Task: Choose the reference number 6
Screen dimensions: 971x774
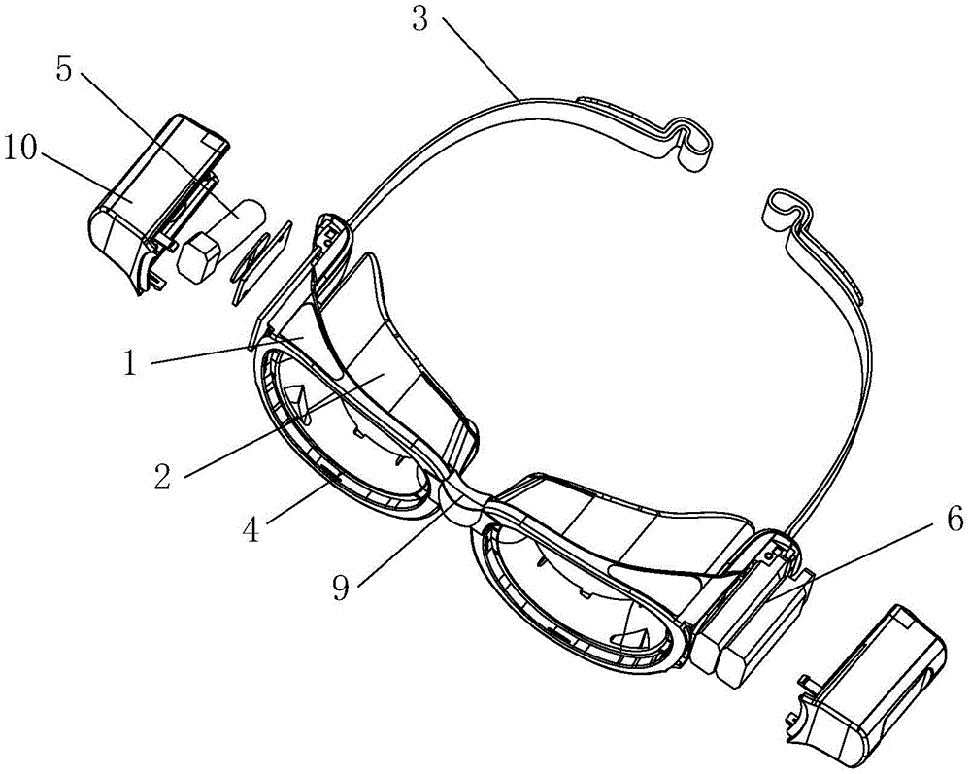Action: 954,521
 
